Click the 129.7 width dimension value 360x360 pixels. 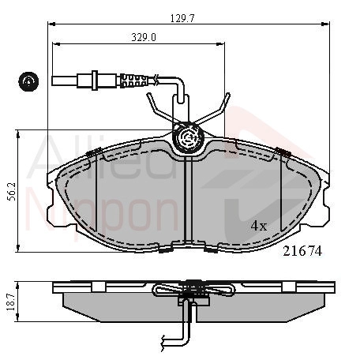click(x=182, y=18)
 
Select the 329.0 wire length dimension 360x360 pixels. click(x=144, y=38)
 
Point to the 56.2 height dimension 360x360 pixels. click(x=12, y=191)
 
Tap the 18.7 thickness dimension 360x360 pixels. click(x=11, y=302)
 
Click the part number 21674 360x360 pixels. click(x=302, y=251)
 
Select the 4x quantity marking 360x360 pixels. click(x=259, y=226)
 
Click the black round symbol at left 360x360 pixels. click(x=28, y=81)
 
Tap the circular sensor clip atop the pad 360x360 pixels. click(x=188, y=138)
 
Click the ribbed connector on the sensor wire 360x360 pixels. click(x=133, y=81)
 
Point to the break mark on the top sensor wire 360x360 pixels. click(x=156, y=80)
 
